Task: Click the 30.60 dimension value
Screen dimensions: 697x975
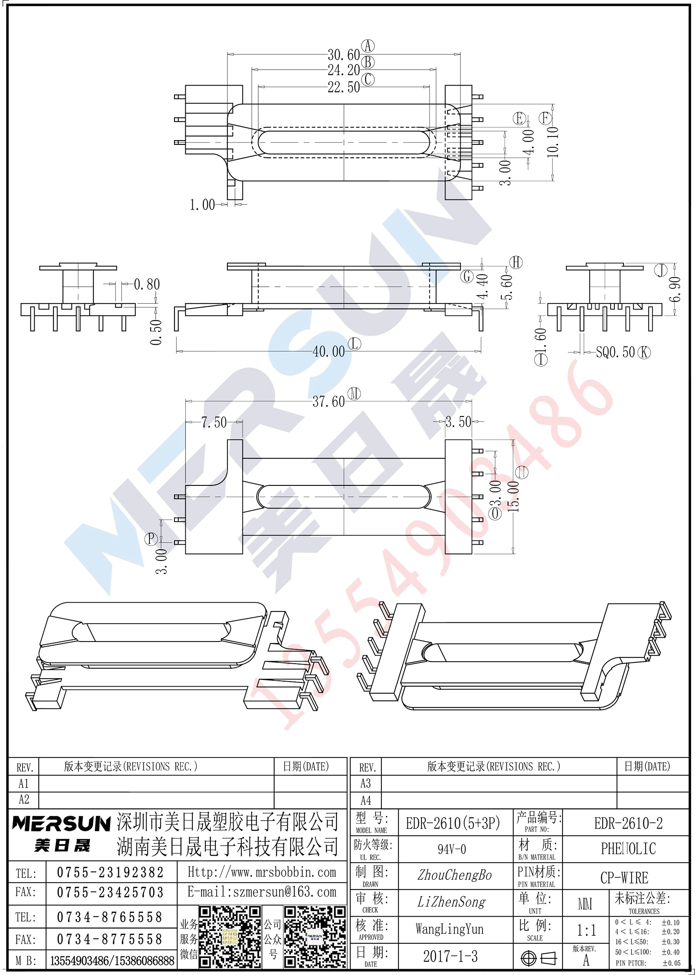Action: [344, 55]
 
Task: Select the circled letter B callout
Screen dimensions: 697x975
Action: [368, 63]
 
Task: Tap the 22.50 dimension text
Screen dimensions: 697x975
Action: [344, 88]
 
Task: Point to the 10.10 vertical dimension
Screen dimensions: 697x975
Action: [553, 142]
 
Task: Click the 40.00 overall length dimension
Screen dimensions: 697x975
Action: [329, 352]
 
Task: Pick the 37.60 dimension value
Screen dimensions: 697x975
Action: [329, 402]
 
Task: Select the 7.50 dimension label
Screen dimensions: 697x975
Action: [214, 423]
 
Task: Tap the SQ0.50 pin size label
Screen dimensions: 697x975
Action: [616, 352]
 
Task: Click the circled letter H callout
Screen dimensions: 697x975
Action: [516, 262]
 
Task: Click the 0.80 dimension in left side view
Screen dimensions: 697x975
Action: [147, 284]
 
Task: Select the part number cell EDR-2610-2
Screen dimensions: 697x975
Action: [628, 823]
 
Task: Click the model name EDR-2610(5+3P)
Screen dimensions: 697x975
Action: [453, 823]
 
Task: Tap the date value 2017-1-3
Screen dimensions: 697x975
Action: [450, 956]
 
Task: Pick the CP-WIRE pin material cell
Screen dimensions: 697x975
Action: [624, 878]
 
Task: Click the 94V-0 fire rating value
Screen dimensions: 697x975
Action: [452, 849]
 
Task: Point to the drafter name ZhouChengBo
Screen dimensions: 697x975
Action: [455, 875]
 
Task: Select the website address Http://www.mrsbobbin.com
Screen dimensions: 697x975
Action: [262, 872]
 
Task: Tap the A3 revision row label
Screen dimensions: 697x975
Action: [366, 783]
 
